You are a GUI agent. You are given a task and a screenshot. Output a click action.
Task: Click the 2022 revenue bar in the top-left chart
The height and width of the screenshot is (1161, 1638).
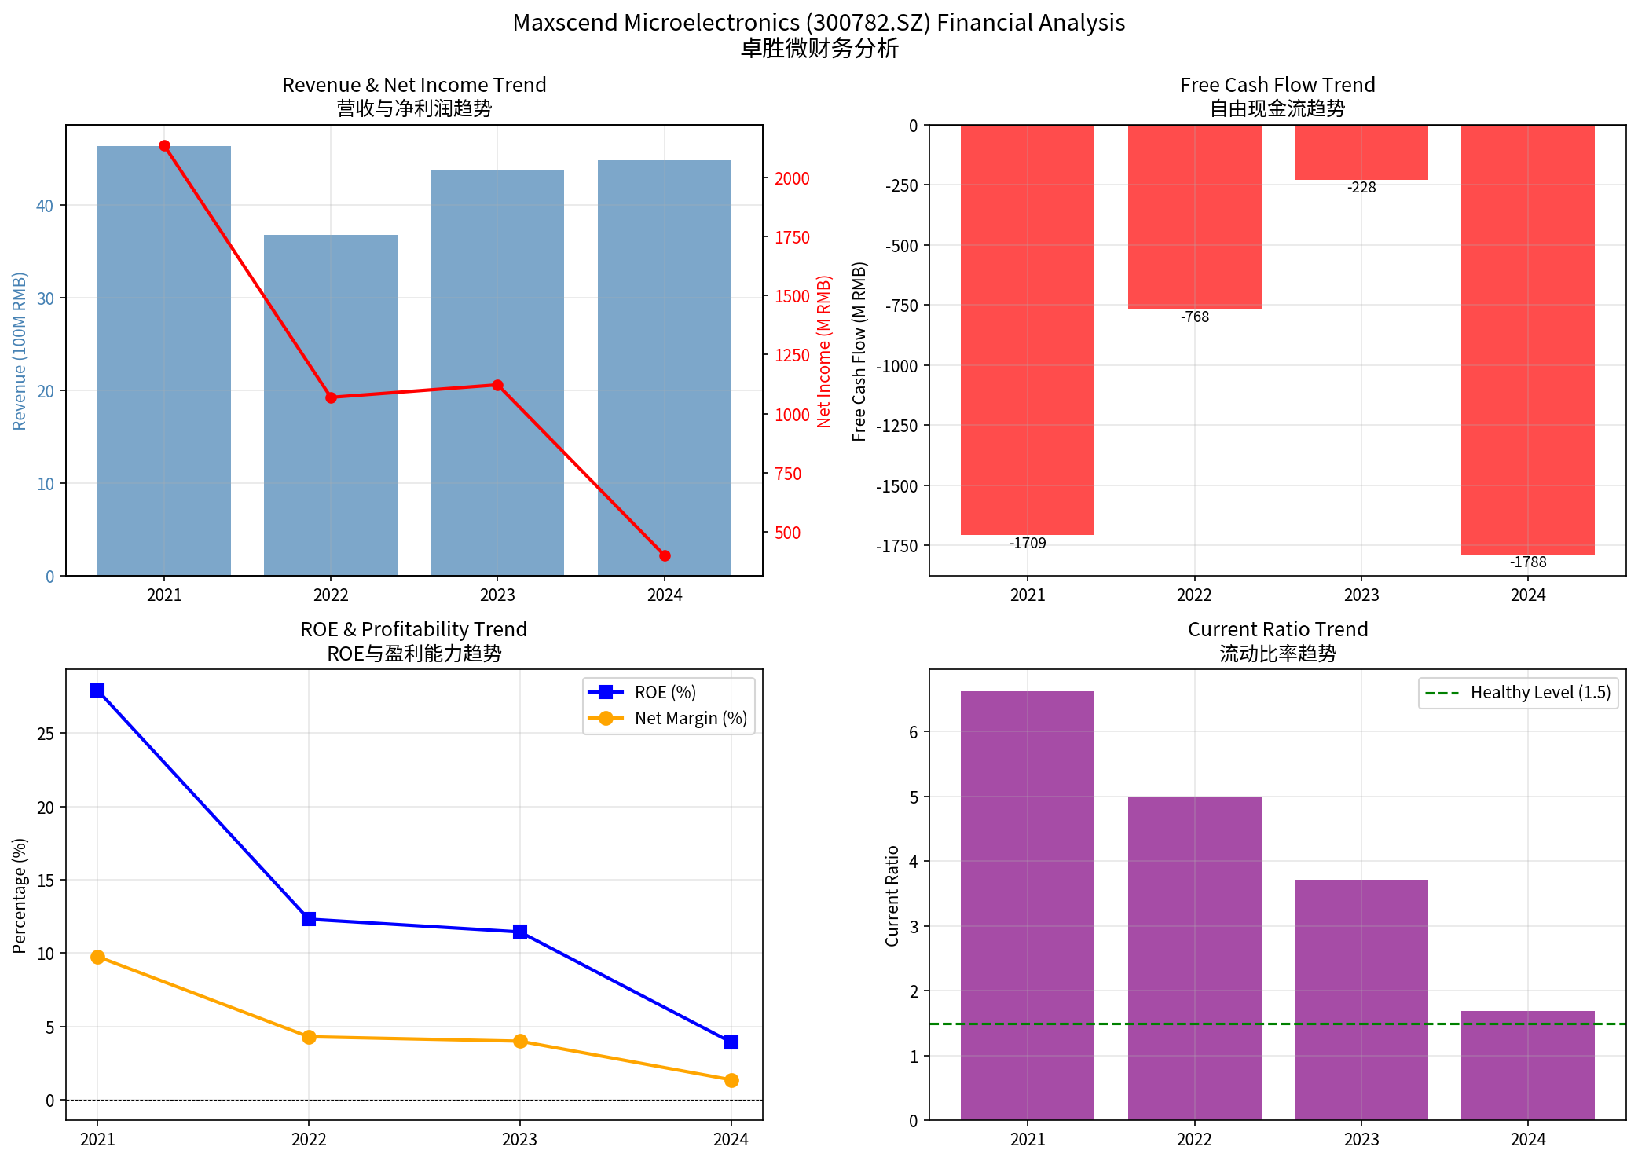coord(331,405)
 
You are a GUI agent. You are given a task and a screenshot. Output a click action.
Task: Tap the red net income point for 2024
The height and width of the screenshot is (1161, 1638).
coord(665,555)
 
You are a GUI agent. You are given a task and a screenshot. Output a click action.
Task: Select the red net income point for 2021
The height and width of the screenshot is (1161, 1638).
coord(164,146)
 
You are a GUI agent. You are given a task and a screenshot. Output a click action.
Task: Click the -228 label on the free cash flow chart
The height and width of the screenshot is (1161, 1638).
coord(1361,188)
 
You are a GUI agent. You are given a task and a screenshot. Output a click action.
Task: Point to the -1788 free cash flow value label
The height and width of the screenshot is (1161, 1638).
coord(1528,562)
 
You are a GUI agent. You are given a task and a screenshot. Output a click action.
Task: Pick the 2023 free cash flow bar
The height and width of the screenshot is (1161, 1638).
coord(1361,152)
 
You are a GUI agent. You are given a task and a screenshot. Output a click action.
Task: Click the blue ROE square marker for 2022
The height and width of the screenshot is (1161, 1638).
coord(309,919)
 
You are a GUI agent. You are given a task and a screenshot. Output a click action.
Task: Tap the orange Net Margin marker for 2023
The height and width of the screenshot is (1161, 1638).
coord(520,1042)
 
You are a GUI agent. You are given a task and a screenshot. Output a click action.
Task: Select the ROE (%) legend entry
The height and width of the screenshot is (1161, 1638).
coord(665,693)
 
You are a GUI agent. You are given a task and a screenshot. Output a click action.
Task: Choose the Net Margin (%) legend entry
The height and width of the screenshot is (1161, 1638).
coord(690,719)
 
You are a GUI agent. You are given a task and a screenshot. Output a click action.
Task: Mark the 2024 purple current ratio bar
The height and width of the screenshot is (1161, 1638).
coord(1528,1065)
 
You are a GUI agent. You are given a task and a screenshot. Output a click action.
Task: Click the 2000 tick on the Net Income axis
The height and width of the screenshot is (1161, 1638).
coord(792,179)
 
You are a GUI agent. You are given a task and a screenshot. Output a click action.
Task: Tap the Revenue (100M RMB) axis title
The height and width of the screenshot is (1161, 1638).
coord(20,351)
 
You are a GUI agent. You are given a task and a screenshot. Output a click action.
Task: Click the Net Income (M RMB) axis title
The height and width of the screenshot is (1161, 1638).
coord(823,351)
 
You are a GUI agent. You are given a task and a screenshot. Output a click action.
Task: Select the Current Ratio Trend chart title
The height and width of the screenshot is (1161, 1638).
coord(1277,630)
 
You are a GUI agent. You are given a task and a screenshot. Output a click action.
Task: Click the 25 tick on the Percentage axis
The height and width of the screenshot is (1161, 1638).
coord(46,734)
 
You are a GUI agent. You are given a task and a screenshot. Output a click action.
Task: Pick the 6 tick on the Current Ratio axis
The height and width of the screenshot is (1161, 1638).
coord(914,732)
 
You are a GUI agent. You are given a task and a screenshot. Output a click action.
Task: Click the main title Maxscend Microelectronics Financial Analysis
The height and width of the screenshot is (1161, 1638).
coord(819,23)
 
